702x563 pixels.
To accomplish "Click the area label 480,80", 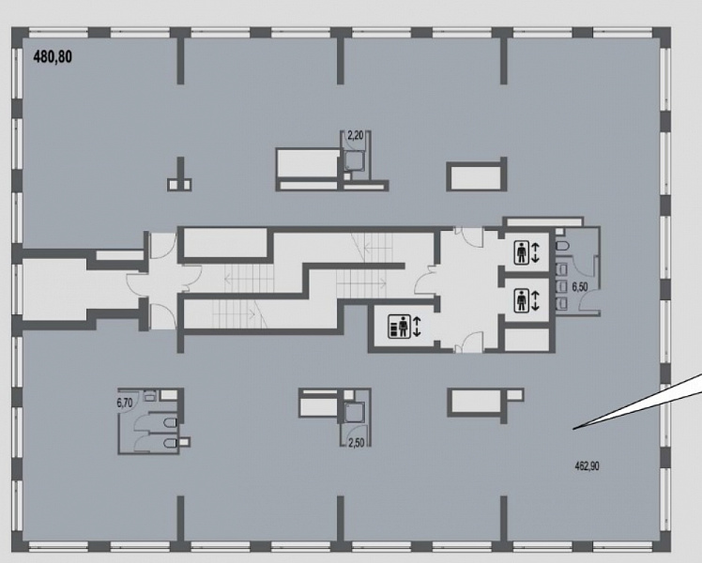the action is point(53,57).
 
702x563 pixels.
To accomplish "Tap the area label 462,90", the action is point(587,466).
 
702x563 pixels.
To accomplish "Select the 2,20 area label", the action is point(356,135).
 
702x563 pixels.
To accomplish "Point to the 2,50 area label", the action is point(356,443).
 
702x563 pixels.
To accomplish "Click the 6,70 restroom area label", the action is point(125,403).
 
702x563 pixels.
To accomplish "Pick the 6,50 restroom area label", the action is point(580,286).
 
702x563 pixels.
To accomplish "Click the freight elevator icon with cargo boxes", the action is point(399,327).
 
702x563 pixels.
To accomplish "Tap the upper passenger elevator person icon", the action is point(521,252).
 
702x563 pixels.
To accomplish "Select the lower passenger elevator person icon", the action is point(521,300).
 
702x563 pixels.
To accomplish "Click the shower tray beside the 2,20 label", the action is point(356,161).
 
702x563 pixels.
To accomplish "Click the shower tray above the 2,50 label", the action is point(355,412).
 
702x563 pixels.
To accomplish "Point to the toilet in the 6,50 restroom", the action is point(562,246).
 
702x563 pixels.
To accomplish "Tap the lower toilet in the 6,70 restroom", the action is point(171,443).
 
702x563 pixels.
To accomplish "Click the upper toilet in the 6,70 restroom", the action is point(171,423).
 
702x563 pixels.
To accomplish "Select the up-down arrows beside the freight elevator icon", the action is point(417,327).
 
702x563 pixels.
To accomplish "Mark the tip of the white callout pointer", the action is point(573,429).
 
